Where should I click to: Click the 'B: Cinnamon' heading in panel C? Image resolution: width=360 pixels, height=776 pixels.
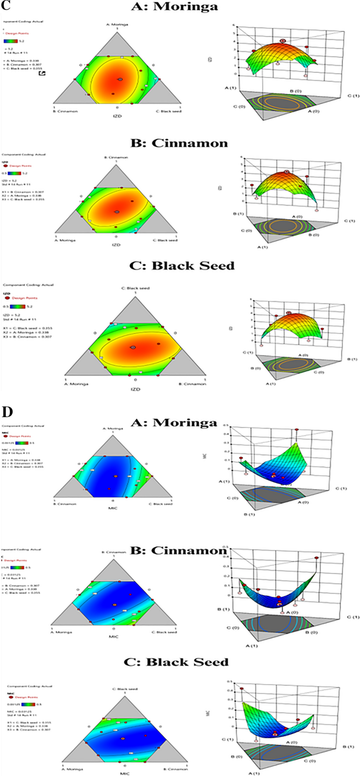pos(176,141)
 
